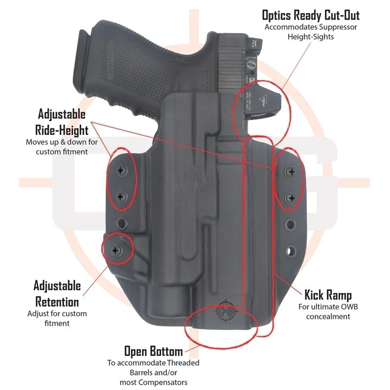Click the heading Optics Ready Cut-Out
[x=310, y=15]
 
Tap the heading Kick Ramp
[x=328, y=295]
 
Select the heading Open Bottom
[x=153, y=352]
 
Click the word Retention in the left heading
[x=57, y=301]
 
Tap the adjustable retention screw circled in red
[x=116, y=249]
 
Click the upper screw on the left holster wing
[x=121, y=171]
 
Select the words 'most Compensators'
[x=153, y=382]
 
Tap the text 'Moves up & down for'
[x=61, y=142]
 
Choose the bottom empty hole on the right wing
[x=291, y=252]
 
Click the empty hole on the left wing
[x=121, y=222]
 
